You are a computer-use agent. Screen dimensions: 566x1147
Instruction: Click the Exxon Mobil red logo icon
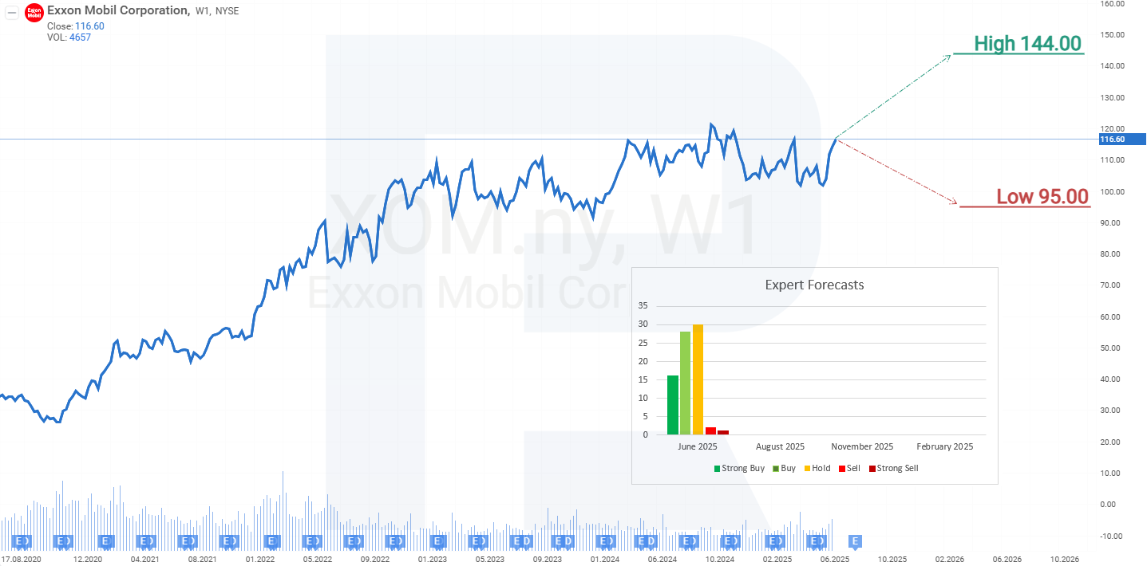[x=34, y=13]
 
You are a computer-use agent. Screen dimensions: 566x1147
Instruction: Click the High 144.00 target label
[x=1027, y=44]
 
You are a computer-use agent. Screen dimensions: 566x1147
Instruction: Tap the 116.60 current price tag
[x=1112, y=140]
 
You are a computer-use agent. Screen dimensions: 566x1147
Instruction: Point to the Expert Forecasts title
[x=814, y=285]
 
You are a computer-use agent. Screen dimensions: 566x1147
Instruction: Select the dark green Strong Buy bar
[x=673, y=405]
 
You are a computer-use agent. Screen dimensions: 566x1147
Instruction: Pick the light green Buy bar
[x=685, y=383]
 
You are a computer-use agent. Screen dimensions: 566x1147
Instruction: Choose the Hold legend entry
[x=817, y=468]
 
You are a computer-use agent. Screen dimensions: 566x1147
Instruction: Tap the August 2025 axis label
[x=780, y=446]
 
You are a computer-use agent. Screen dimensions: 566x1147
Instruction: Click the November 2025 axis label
[x=862, y=446]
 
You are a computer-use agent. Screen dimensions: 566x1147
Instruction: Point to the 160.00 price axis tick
[x=1112, y=4]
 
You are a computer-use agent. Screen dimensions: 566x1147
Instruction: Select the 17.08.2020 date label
[x=22, y=560]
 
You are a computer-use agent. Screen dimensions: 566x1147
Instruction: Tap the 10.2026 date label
[x=1065, y=560]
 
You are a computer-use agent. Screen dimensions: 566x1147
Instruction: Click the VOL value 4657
[x=80, y=37]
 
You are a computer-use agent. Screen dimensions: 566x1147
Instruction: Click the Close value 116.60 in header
[x=89, y=26]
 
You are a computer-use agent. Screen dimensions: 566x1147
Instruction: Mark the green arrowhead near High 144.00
[x=948, y=56]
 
